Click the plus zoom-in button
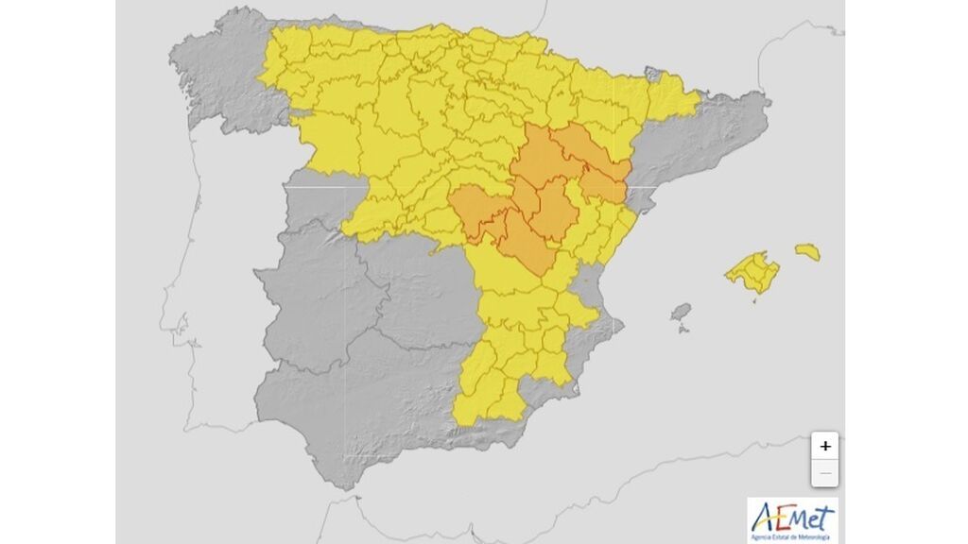(825, 446)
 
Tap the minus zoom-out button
(825, 472)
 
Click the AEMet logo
(792, 519)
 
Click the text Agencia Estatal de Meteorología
(792, 536)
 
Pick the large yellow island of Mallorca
(752, 272)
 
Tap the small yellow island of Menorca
(807, 252)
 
